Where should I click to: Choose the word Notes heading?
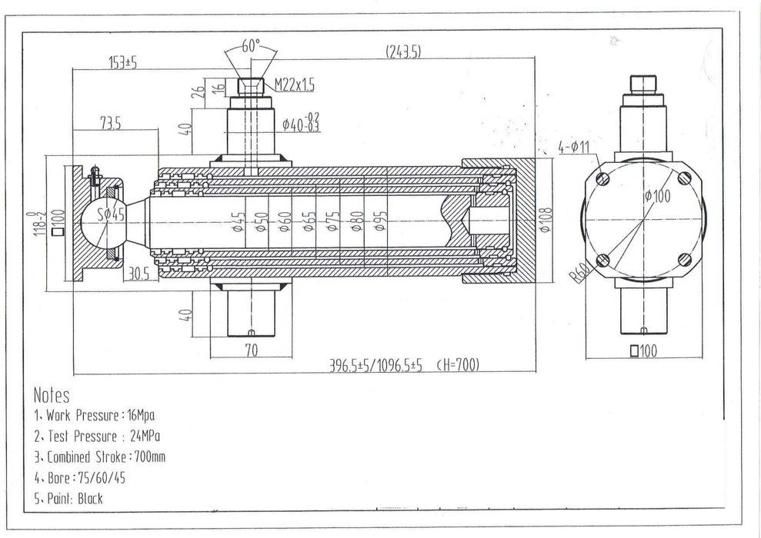(x=52, y=396)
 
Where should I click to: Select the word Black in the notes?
(x=90, y=498)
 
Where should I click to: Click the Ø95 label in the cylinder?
(x=380, y=224)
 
